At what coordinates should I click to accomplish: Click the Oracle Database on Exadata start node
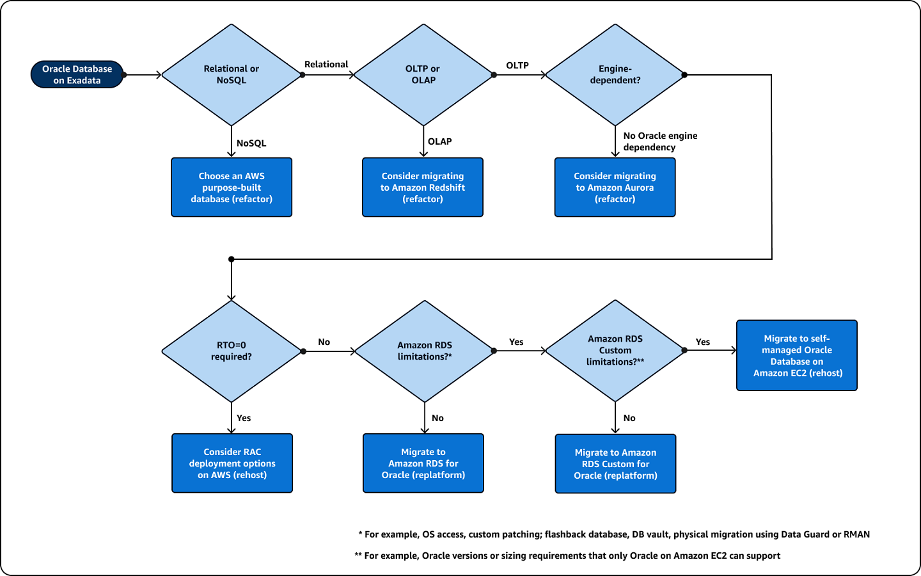pos(77,75)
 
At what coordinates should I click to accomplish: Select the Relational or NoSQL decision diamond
pos(231,75)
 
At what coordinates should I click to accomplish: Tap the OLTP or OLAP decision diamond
pos(423,75)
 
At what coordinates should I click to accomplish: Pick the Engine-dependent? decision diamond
pos(615,75)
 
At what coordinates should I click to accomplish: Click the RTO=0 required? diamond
pos(231,351)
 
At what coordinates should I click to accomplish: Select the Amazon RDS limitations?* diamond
pos(424,351)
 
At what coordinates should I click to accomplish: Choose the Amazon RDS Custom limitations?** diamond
pos(615,351)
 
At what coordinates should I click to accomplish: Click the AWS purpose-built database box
pos(232,188)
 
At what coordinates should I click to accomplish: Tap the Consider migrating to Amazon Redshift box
pos(423,188)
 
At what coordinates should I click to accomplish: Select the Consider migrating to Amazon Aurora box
pos(615,188)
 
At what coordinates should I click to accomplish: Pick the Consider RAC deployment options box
pos(232,463)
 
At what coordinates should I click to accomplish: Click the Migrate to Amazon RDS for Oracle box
pos(423,463)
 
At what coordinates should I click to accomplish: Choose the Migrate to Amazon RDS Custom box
pos(615,464)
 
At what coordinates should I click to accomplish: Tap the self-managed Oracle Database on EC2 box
pos(797,355)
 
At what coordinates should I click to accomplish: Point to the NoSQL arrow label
pos(251,143)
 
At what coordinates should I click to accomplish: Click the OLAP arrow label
pos(440,141)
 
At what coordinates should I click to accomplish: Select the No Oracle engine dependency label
pos(659,141)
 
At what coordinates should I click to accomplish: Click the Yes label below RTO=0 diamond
pos(244,418)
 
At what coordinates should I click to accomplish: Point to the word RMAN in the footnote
pos(856,534)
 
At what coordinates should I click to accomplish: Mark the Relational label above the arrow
pos(326,65)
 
